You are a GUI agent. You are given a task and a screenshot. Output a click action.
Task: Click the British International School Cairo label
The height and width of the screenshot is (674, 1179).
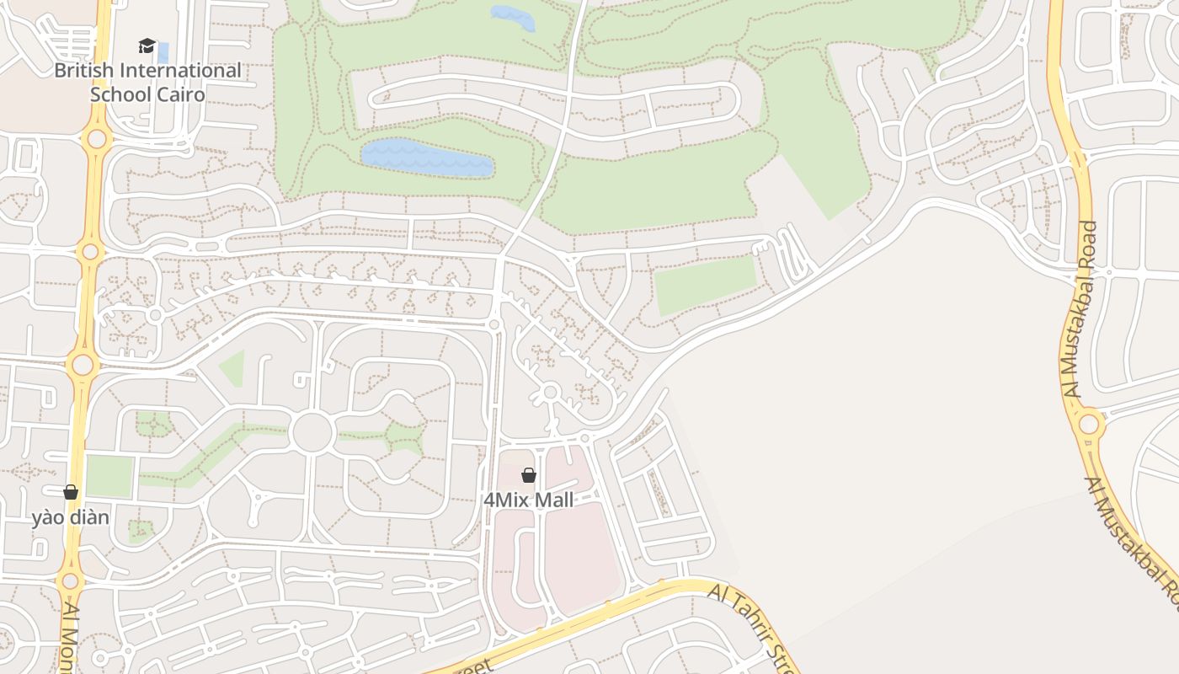(147, 82)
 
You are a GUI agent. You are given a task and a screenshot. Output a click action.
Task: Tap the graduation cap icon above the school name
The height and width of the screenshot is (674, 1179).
(147, 45)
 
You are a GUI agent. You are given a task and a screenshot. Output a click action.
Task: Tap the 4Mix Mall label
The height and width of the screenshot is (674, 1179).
(528, 500)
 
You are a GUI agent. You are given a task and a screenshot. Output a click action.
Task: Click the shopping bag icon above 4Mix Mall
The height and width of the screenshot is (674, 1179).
(528, 476)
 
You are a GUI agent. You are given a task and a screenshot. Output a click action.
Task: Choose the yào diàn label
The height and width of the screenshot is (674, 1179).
(71, 517)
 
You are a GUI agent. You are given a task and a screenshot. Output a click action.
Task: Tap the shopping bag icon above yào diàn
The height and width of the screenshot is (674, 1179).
(71, 492)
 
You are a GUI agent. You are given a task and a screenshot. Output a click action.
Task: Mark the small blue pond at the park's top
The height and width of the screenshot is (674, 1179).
(512, 17)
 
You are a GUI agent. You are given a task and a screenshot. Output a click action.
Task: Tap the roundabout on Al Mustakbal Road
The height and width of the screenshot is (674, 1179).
(1089, 424)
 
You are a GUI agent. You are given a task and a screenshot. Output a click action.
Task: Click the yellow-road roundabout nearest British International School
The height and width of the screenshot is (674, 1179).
(96, 138)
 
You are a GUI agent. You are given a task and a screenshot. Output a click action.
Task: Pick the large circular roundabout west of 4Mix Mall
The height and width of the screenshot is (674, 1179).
(312, 432)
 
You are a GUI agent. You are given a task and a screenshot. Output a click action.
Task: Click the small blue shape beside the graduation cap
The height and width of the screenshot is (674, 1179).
(163, 52)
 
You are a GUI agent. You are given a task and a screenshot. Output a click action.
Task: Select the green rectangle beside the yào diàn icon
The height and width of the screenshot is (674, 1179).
(109, 476)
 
